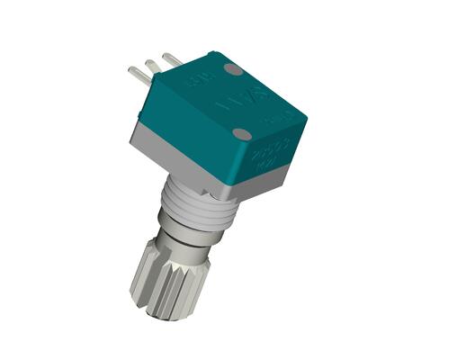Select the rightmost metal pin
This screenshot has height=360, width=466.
172,58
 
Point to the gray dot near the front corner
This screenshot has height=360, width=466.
241,134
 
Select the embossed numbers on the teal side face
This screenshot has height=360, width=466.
273,148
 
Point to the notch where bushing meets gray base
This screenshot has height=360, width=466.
212,188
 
